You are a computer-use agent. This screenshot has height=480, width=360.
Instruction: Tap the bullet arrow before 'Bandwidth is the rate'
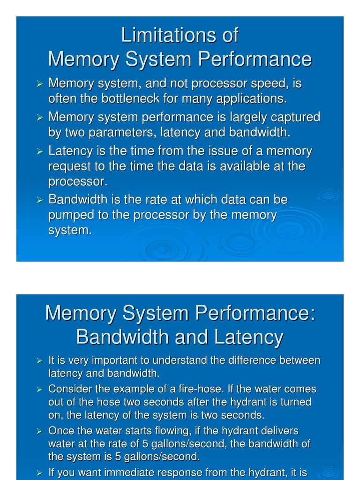40,200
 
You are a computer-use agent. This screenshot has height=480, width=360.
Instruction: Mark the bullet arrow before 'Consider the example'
40,390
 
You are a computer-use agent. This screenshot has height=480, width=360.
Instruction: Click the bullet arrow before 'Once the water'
40,431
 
